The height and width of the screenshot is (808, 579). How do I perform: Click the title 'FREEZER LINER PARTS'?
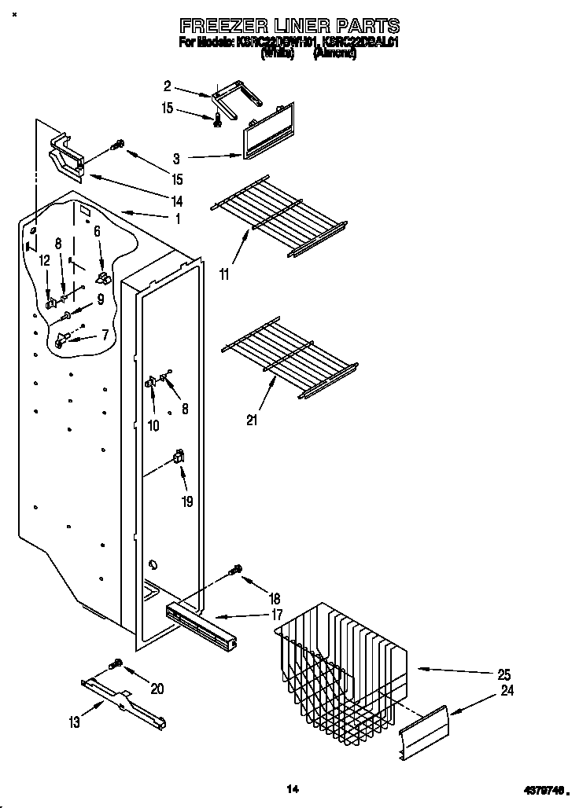click(x=289, y=26)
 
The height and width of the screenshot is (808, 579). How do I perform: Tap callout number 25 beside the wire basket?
click(x=504, y=674)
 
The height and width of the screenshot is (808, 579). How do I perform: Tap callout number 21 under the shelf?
click(x=252, y=420)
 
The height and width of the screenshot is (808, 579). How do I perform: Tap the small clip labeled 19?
click(x=179, y=456)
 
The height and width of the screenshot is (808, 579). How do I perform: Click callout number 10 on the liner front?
click(x=153, y=425)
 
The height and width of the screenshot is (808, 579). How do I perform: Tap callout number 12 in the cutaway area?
click(x=44, y=260)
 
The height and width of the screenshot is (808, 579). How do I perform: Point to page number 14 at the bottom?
click(x=292, y=788)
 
